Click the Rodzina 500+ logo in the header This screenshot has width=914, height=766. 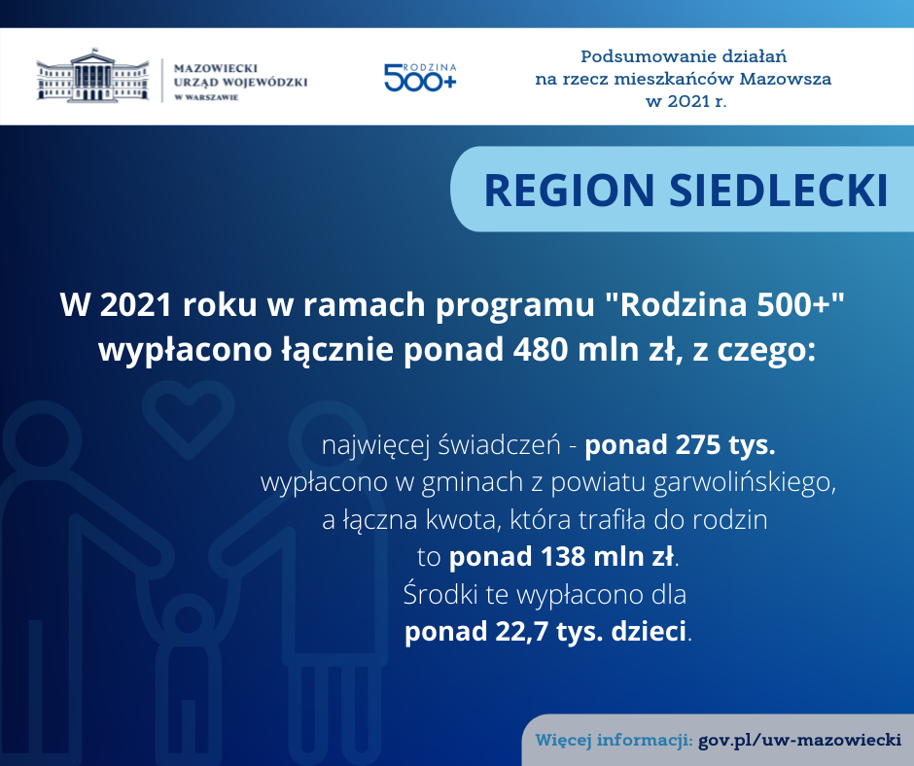tap(420, 78)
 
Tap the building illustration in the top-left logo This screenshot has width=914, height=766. tap(92, 76)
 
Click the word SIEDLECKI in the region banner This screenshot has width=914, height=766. tap(779, 191)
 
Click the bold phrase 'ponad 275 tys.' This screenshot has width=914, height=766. tap(680, 445)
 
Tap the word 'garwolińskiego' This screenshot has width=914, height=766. tap(745, 483)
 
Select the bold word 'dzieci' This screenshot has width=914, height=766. tap(649, 631)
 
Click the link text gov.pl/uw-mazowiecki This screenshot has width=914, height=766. tap(799, 741)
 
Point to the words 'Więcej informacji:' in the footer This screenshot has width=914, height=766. tap(614, 741)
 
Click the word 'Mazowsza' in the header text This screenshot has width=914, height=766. tap(786, 79)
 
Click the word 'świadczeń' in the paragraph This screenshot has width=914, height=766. tap(499, 445)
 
